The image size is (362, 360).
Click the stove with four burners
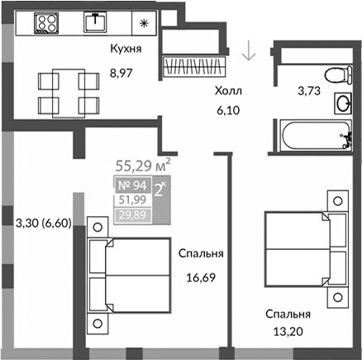click(x=45, y=23)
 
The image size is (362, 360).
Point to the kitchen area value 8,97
click(x=122, y=73)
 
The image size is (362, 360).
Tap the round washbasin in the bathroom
click(x=341, y=104)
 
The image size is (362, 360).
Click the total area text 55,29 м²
click(x=141, y=165)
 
